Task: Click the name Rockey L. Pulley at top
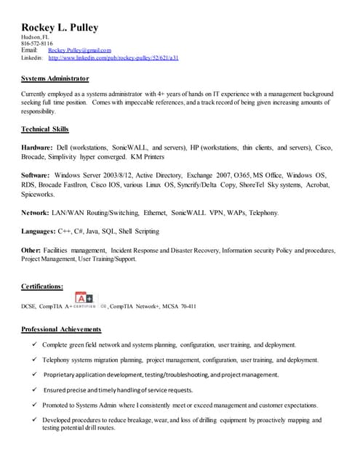(x=60, y=28)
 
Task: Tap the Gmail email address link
(x=79, y=50)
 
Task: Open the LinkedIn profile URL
(x=113, y=57)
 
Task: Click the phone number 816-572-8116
(x=36, y=44)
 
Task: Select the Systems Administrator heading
(x=55, y=78)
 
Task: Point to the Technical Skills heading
(x=45, y=129)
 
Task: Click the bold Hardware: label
(x=37, y=147)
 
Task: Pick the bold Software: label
(x=36, y=176)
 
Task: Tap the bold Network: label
(x=35, y=213)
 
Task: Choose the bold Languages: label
(x=39, y=230)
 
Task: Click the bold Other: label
(x=31, y=249)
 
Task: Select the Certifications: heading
(x=42, y=287)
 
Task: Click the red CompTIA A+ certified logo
(x=85, y=299)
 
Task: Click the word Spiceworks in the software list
(x=39, y=195)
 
